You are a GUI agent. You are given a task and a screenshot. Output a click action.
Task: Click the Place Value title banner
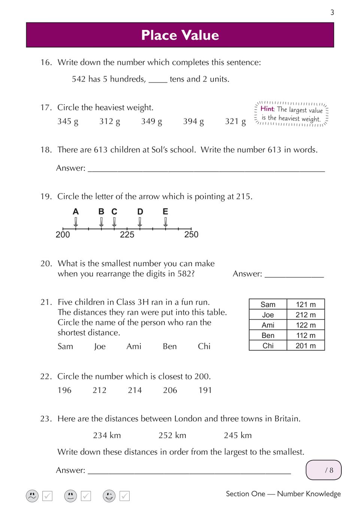pyautogui.click(x=180, y=35)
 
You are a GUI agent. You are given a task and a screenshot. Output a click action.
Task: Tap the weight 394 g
pyautogui.click(x=193, y=121)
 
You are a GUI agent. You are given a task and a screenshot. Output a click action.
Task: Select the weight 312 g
pyautogui.click(x=109, y=121)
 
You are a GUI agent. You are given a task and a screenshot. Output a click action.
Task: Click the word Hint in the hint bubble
pyautogui.click(x=267, y=109)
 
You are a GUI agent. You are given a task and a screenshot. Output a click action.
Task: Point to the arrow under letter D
pyautogui.click(x=140, y=222)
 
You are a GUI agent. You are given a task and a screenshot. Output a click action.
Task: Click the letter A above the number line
pyautogui.click(x=76, y=211)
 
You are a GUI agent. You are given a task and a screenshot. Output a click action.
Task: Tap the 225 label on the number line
pyautogui.click(x=127, y=235)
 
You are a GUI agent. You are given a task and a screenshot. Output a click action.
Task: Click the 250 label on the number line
pyautogui.click(x=191, y=235)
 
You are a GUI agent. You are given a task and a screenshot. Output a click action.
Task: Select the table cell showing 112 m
pyautogui.click(x=305, y=335)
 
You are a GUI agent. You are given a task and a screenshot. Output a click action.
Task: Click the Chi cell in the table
pyautogui.click(x=268, y=345)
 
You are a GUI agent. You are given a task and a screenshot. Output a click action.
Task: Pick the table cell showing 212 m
pyautogui.click(x=305, y=315)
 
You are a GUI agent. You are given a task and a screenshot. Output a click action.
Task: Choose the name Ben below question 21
pyautogui.click(x=170, y=346)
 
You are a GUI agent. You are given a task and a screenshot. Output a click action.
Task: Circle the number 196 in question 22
pyautogui.click(x=64, y=390)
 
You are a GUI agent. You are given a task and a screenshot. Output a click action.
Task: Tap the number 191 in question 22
pyautogui.click(x=205, y=390)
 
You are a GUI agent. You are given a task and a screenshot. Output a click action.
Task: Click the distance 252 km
pyautogui.click(x=172, y=435)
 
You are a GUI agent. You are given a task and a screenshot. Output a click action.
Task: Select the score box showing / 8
pyautogui.click(x=324, y=470)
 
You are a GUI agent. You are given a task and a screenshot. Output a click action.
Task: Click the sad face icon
pyautogui.click(x=32, y=496)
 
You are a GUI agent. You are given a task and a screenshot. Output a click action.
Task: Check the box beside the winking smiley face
pyautogui.click(x=124, y=496)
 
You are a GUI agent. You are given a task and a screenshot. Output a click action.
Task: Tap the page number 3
pyautogui.click(x=332, y=12)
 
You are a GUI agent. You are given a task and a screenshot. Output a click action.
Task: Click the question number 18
pyautogui.click(x=46, y=150)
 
